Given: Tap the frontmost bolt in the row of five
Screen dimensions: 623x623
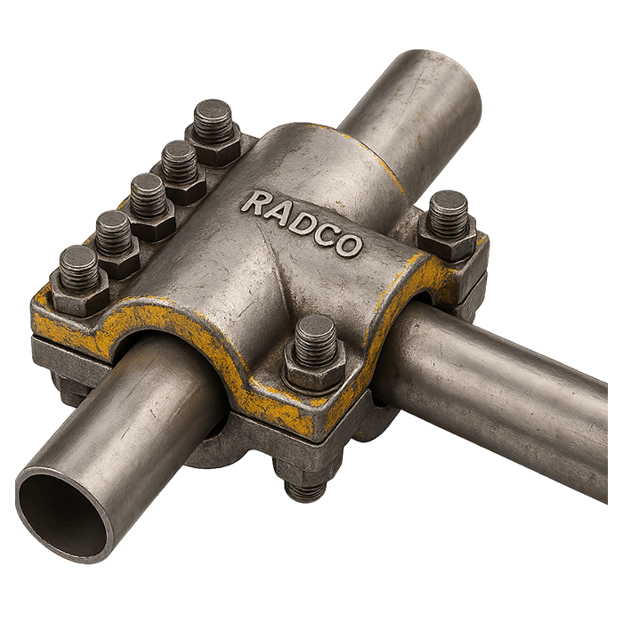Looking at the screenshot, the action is (x=79, y=280).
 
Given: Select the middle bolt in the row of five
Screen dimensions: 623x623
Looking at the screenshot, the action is (x=151, y=208).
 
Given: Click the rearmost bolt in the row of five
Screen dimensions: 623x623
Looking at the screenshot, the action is (x=214, y=133).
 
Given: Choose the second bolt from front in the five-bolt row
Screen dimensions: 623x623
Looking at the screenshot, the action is (x=116, y=244).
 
